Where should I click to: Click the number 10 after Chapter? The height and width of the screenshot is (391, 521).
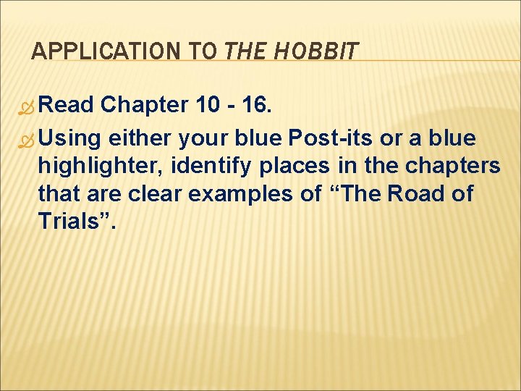210,105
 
